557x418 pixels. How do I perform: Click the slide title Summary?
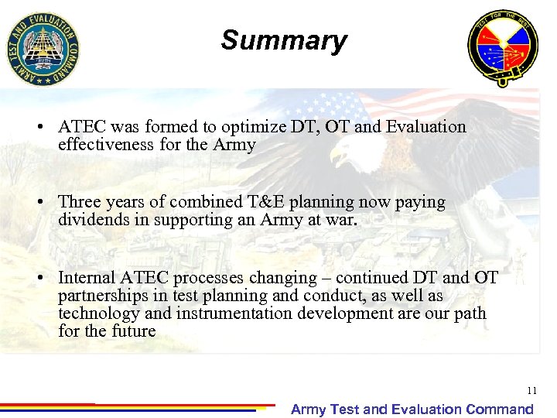pos(283,40)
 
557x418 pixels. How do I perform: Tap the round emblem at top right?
pos(502,48)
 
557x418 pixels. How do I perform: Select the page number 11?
pos(531,391)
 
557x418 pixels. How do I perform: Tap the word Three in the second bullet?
pos(80,202)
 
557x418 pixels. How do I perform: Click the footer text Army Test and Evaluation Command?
pos(412,409)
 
